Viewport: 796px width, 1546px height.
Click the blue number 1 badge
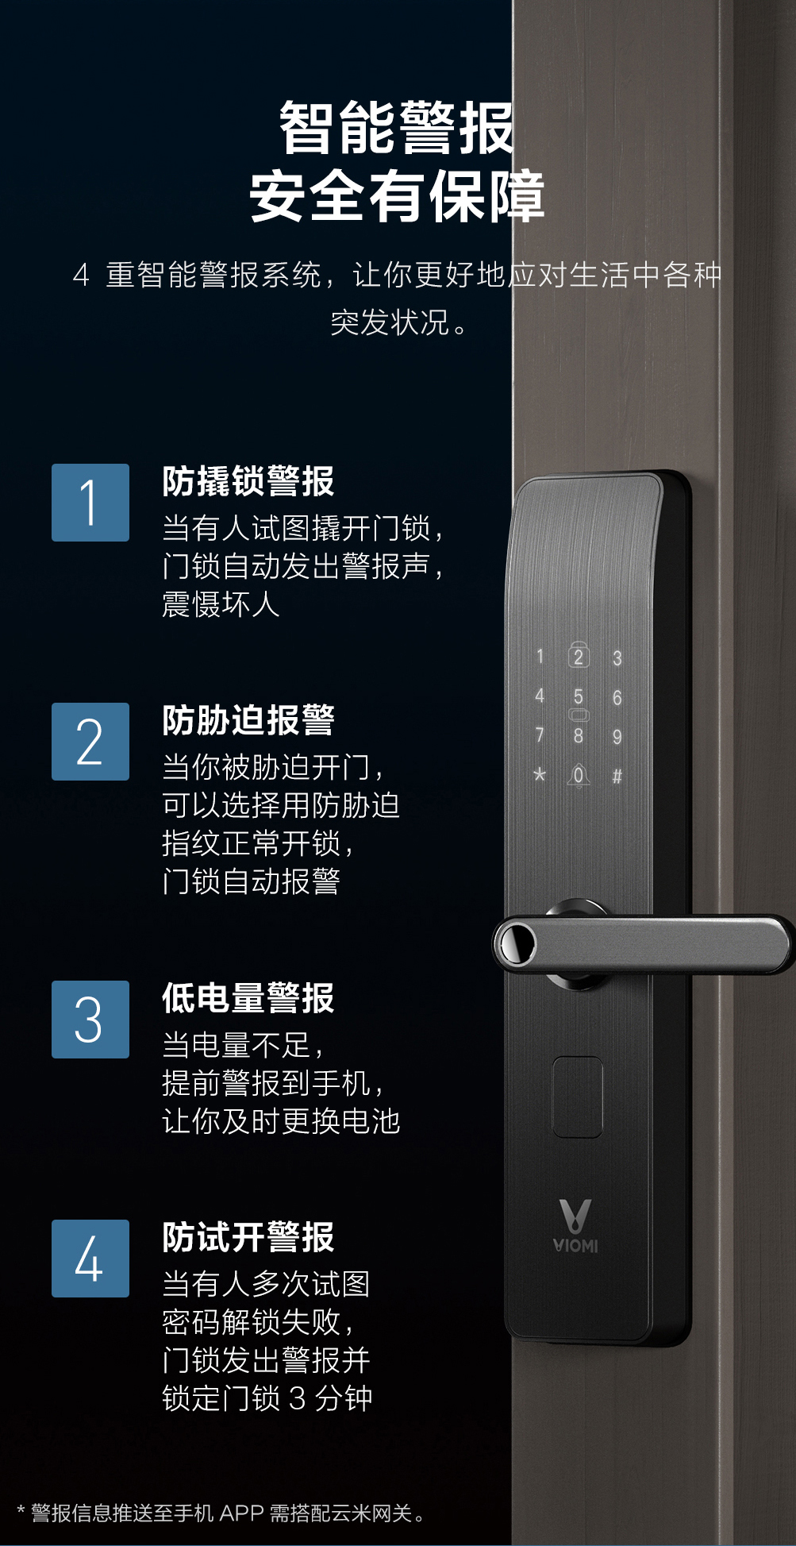[x=90, y=503]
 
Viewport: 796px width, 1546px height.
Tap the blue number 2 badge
[x=90, y=742]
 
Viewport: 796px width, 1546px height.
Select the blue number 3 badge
[x=90, y=1020]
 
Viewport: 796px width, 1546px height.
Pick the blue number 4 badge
[x=90, y=1259]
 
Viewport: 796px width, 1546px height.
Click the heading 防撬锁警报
[x=248, y=481]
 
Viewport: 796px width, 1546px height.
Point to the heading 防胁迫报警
[x=248, y=720]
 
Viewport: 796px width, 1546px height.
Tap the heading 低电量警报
[x=248, y=998]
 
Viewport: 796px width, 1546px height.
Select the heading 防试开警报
[x=248, y=1237]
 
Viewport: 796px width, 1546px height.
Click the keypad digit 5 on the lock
[x=579, y=696]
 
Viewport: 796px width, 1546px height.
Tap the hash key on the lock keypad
[x=617, y=776]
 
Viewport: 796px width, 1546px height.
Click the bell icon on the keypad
[x=579, y=776]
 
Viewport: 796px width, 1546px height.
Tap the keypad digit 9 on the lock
[x=617, y=737]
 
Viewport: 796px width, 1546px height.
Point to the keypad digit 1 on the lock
[x=540, y=657]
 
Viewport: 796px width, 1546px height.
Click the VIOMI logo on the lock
[x=576, y=1227]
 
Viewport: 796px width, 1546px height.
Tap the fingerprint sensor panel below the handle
[x=577, y=1097]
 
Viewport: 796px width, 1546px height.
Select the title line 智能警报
[x=397, y=128]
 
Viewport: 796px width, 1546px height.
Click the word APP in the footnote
[x=241, y=1513]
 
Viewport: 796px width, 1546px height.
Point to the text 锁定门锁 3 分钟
[x=267, y=1398]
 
